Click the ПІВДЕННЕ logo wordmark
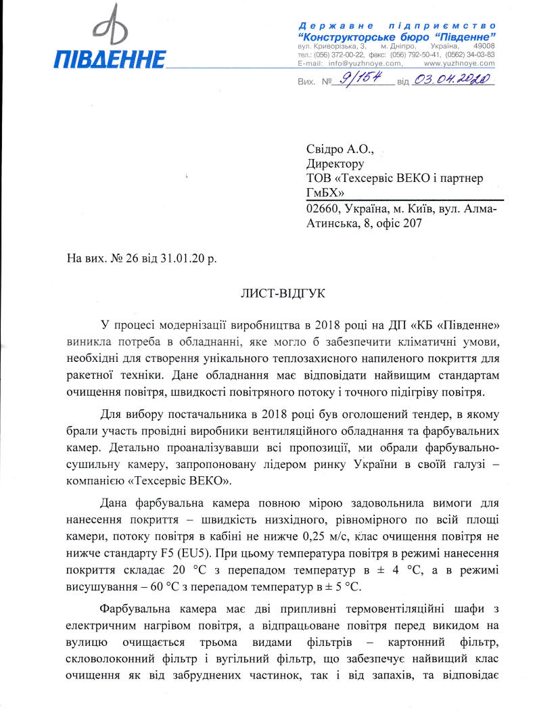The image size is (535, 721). click(110, 58)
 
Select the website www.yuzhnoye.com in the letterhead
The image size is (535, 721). click(459, 63)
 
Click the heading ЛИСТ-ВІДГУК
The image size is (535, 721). click(283, 294)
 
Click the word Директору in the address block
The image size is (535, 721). click(335, 163)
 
